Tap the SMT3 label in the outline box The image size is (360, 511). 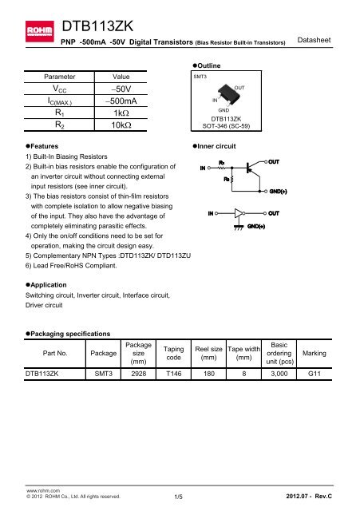(200, 77)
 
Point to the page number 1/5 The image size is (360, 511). (180, 497)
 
